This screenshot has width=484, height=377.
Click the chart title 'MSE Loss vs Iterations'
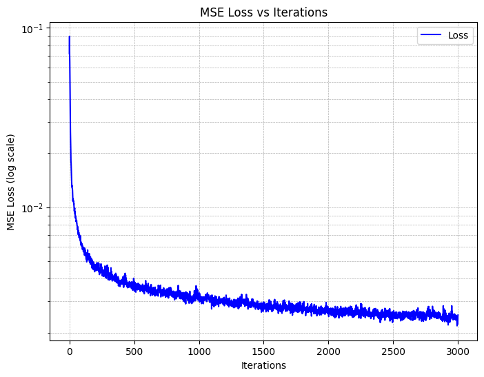click(263, 12)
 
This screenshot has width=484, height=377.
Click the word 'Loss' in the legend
click(458, 35)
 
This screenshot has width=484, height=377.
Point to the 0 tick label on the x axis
click(70, 351)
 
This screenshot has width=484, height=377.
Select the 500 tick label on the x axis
click(134, 351)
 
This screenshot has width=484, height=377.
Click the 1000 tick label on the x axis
click(199, 351)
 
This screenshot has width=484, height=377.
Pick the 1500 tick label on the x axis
click(263, 351)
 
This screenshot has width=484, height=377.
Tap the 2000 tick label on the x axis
click(328, 351)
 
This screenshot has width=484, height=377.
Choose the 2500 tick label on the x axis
click(393, 351)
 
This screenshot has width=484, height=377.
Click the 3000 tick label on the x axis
click(458, 351)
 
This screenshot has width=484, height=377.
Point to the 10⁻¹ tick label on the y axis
click(32, 29)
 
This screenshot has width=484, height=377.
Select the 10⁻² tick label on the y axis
click(32, 208)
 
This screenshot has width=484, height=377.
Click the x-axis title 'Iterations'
click(263, 365)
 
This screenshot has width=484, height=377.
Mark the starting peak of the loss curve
click(70, 37)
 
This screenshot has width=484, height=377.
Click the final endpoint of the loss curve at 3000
click(458, 320)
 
